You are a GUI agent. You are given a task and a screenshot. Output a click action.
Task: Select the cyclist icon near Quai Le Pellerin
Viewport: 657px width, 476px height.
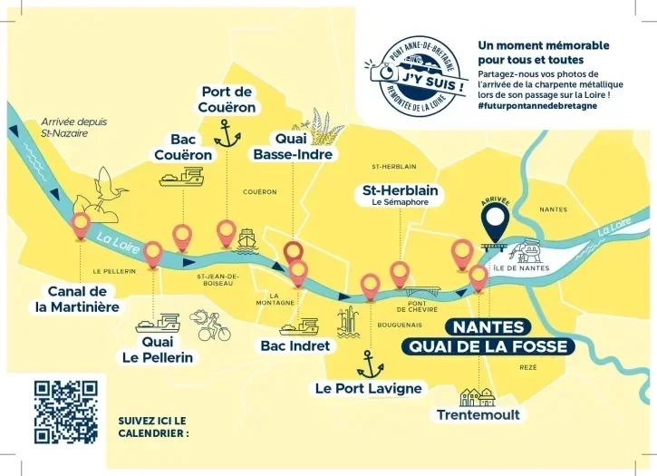209,324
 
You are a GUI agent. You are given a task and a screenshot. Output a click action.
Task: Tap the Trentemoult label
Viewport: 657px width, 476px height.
478,414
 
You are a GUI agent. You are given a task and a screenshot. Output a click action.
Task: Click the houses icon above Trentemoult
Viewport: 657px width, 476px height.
478,395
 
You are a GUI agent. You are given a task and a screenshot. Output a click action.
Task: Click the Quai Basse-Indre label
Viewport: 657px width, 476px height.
293,147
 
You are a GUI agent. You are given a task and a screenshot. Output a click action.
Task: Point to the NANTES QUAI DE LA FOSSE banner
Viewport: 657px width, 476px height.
488,336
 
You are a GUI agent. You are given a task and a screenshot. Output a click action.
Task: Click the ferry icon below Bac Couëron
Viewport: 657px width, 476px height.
181,177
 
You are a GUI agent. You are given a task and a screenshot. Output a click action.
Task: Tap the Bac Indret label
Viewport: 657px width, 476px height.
295,345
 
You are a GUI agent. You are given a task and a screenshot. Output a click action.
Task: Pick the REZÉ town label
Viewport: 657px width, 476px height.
527,367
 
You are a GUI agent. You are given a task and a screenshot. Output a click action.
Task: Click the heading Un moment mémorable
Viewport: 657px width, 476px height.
543,53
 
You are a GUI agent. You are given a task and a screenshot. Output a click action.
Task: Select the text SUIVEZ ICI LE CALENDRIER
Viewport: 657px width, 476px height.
152,426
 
